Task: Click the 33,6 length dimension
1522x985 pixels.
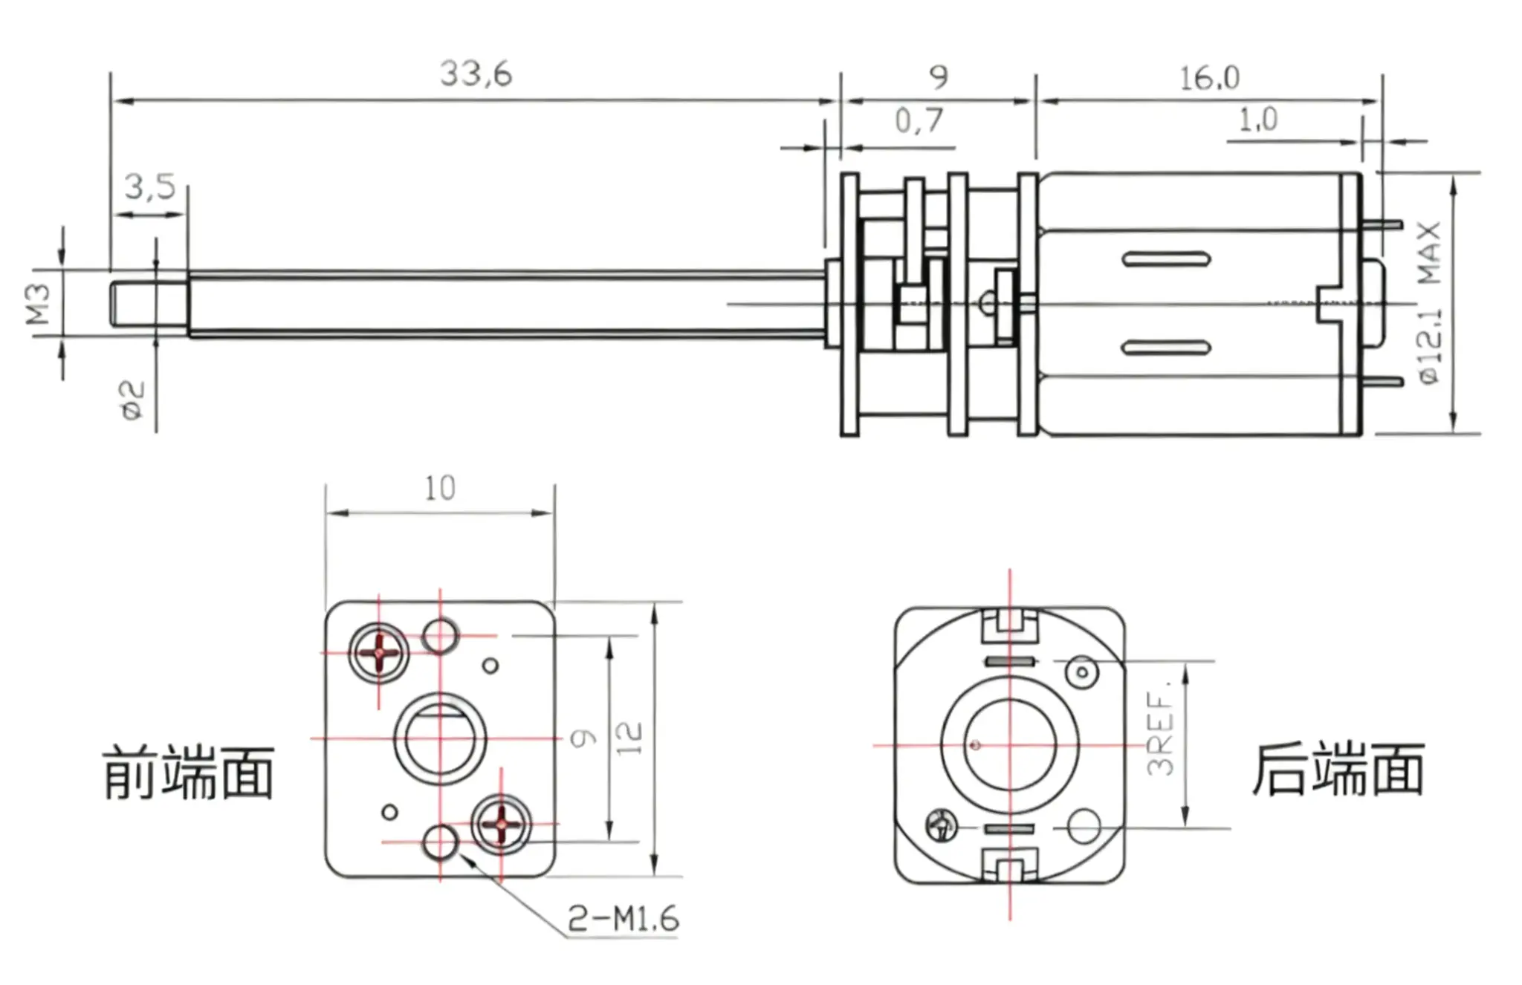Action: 476,74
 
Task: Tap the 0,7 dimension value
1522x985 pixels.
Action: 919,120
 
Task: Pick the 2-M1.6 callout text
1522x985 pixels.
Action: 623,920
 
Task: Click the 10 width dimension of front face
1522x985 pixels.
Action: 439,489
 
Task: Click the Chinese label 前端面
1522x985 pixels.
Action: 189,773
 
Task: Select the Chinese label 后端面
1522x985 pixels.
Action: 1338,770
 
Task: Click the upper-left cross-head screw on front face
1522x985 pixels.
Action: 379,653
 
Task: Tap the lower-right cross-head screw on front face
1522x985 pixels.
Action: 502,824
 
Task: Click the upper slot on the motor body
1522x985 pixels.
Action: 1166,260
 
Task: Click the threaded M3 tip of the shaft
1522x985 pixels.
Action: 149,303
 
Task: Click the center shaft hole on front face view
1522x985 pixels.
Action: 440,739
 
